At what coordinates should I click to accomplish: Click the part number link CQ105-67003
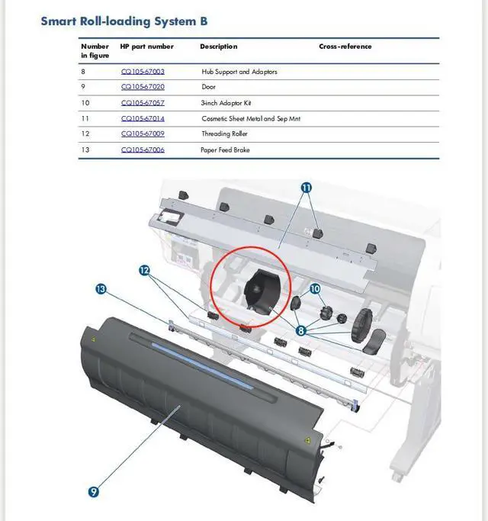[143, 72]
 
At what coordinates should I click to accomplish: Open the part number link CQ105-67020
[143, 87]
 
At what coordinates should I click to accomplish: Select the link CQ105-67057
[143, 102]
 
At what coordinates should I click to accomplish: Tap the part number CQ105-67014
[143, 118]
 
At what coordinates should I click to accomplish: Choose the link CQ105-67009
[143, 133]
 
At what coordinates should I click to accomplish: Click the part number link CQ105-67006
[143, 150]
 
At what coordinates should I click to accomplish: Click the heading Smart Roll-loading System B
[124, 21]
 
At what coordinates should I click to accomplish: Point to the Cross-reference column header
[345, 47]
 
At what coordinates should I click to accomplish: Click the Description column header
[218, 47]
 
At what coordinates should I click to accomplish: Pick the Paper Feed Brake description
[226, 150]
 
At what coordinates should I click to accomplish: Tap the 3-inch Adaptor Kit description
[225, 102]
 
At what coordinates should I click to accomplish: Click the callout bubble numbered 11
[307, 187]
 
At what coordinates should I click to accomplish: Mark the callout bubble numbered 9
[93, 492]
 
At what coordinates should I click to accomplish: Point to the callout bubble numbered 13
[101, 289]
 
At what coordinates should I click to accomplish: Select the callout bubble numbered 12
[144, 270]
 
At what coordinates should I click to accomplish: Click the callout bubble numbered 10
[315, 289]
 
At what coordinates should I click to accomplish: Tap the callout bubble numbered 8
[302, 330]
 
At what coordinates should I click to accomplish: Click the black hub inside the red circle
[259, 291]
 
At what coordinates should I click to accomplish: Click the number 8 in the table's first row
[84, 72]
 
